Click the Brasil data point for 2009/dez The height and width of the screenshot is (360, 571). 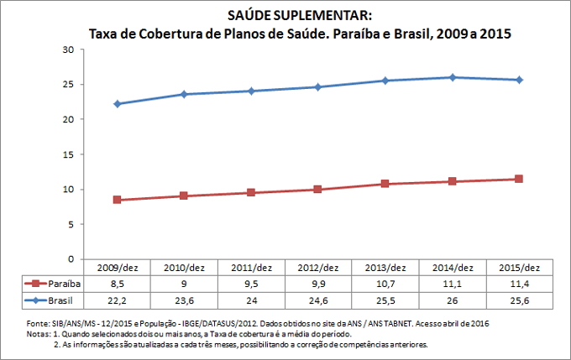coord(117,104)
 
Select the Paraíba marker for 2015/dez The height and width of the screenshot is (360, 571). coord(519,179)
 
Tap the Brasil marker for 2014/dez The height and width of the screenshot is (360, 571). coord(452,77)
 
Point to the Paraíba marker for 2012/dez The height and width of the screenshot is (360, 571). coord(318,190)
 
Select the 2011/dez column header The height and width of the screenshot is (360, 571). coord(251,268)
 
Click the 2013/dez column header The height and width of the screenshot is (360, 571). coord(385,268)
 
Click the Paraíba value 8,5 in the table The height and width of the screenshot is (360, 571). coord(117,284)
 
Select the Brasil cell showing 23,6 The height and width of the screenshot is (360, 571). coord(184,300)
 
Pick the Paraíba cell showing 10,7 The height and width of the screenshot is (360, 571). coord(385,284)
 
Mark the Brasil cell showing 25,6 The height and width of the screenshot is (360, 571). coord(519,300)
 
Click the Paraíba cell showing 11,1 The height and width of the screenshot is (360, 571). coord(452,284)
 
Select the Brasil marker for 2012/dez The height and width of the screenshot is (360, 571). coord(318,87)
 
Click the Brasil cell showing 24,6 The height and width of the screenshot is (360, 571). coord(318,300)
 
